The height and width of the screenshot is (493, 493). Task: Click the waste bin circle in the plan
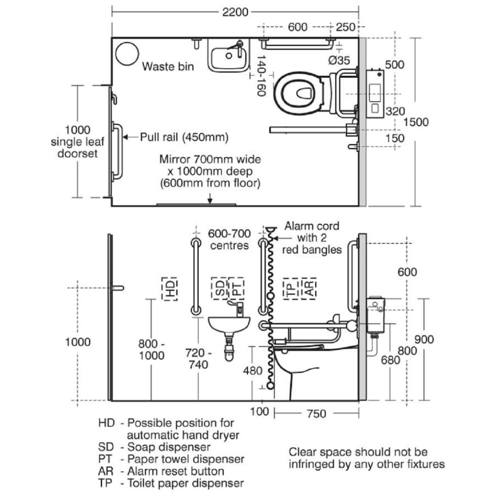click(127, 53)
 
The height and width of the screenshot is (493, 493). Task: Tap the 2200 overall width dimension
click(235, 12)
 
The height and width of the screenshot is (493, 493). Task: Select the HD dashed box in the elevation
click(169, 288)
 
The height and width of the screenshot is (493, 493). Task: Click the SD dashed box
click(220, 288)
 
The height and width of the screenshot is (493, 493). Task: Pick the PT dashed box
click(236, 288)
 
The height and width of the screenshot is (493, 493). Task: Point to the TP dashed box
click(292, 288)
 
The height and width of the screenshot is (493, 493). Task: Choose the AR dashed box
click(309, 288)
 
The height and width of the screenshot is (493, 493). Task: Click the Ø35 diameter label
click(339, 60)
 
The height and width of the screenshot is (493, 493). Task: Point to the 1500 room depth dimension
click(416, 122)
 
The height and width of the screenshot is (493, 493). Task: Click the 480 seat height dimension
click(253, 371)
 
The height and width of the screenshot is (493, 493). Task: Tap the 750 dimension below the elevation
click(316, 414)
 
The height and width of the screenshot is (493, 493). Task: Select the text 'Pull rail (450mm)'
click(184, 137)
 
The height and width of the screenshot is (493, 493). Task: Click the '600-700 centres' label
click(229, 239)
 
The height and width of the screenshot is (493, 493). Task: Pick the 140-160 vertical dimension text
click(261, 75)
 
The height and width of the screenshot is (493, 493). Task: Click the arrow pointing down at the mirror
click(210, 199)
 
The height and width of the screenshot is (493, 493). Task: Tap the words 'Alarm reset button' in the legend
click(176, 471)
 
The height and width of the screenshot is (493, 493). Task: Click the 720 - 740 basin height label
click(198, 359)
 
